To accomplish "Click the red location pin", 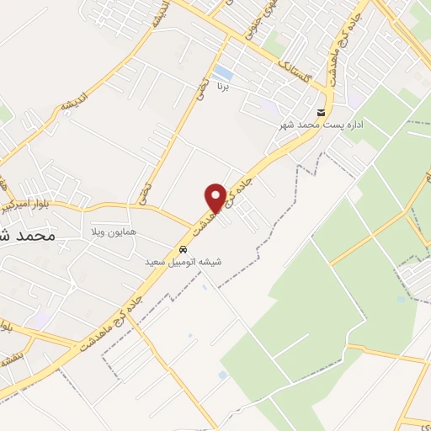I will click(215, 196).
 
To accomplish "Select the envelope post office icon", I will click(321, 112).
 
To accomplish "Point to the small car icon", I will click(182, 250).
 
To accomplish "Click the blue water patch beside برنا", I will click(222, 72).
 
